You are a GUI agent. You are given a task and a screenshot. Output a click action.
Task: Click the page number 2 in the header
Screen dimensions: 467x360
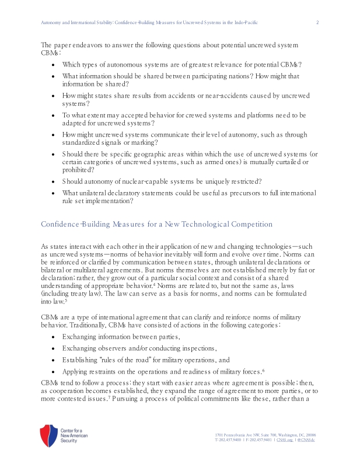coord(317,23)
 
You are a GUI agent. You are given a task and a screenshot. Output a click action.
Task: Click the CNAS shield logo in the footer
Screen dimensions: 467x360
coord(48,435)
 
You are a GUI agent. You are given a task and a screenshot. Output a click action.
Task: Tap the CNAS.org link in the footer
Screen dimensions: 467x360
coord(284,440)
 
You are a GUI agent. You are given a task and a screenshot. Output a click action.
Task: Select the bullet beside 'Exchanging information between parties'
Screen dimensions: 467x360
coord(54,337)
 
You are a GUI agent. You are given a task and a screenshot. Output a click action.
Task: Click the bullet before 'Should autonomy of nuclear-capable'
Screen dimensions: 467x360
coord(54,181)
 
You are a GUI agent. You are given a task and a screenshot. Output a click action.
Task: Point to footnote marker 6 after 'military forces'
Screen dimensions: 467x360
coord(264,370)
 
